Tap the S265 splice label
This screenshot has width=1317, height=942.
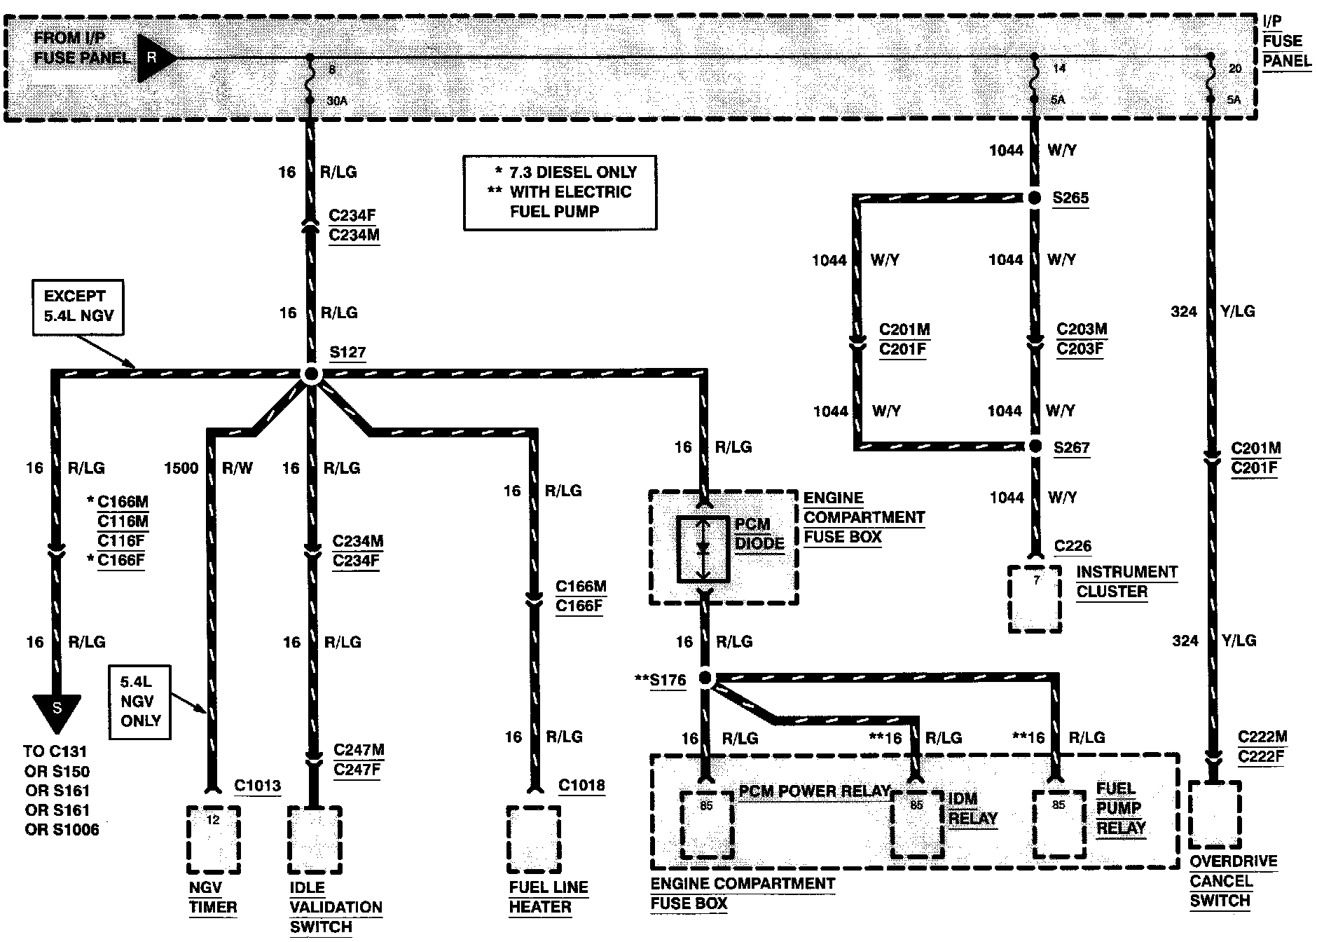tap(1070, 198)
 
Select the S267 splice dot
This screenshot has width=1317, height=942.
tap(1035, 446)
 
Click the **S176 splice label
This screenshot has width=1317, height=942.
tap(661, 680)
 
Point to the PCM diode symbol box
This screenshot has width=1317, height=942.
tap(703, 549)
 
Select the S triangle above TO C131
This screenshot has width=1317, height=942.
tap(57, 711)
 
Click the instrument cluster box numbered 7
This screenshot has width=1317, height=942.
tap(1035, 598)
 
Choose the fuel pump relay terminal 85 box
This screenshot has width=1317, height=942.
tap(1059, 823)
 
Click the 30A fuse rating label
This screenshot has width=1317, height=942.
tap(337, 101)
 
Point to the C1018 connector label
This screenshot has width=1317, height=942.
tap(581, 785)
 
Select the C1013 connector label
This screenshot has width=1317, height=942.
tap(257, 785)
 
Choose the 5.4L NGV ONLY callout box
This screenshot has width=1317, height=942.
tap(140, 701)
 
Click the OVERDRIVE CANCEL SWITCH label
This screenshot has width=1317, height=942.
tap(1233, 881)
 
